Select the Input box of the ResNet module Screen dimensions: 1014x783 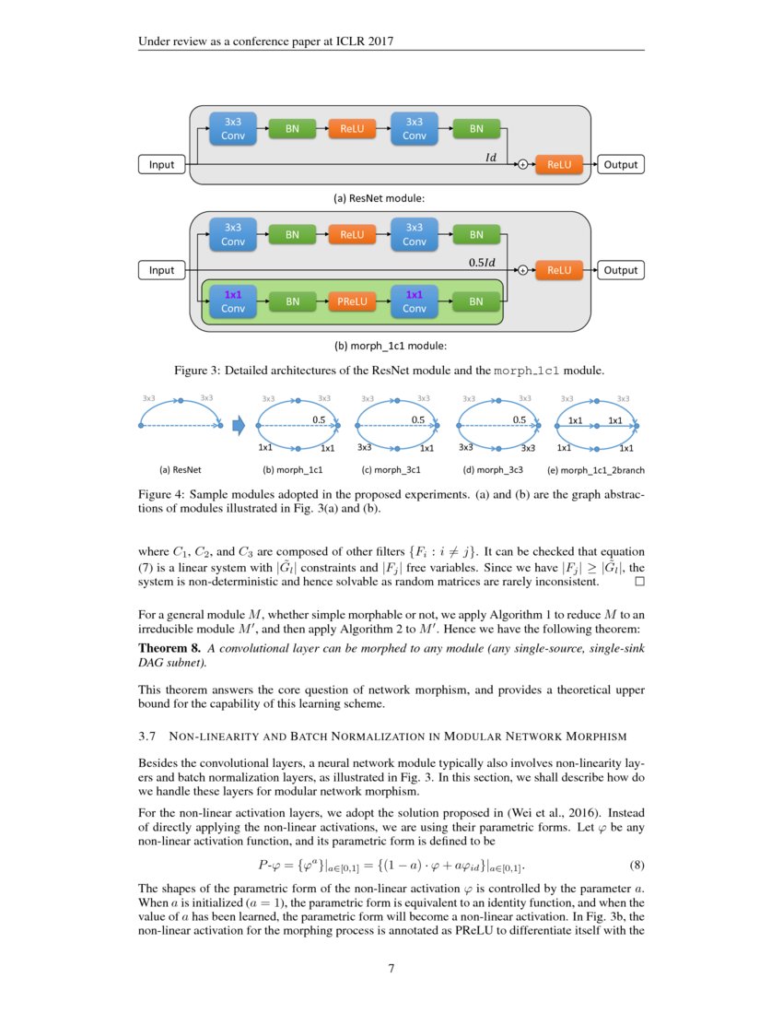tap(161, 165)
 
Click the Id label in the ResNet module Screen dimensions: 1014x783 tap(491, 158)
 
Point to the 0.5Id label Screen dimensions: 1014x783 tap(483, 263)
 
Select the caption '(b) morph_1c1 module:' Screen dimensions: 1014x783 tap(391, 346)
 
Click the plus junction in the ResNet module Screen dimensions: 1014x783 tap(521, 165)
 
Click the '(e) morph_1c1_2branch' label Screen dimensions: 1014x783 tap(596, 469)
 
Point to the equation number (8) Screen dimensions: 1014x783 tap(637, 866)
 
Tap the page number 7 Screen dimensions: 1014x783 tap(391, 968)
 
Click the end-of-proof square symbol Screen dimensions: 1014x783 tap(640, 582)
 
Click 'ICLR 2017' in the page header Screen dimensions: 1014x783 tap(376, 41)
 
